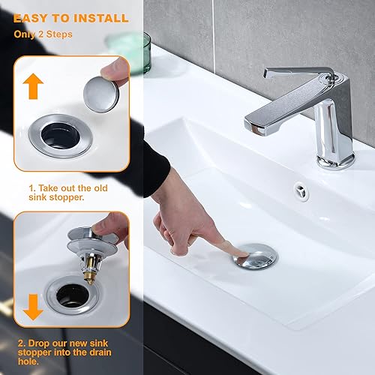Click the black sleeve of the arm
click(x=154, y=169)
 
